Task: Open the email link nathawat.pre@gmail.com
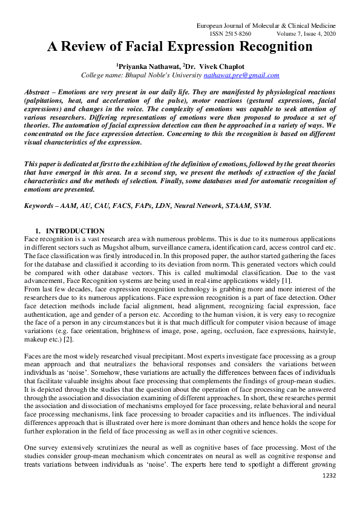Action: click(x=241, y=75)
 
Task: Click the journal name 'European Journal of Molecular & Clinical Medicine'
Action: click(x=267, y=27)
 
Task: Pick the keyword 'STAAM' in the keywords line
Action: click(x=233, y=206)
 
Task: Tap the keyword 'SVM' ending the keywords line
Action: click(x=261, y=206)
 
